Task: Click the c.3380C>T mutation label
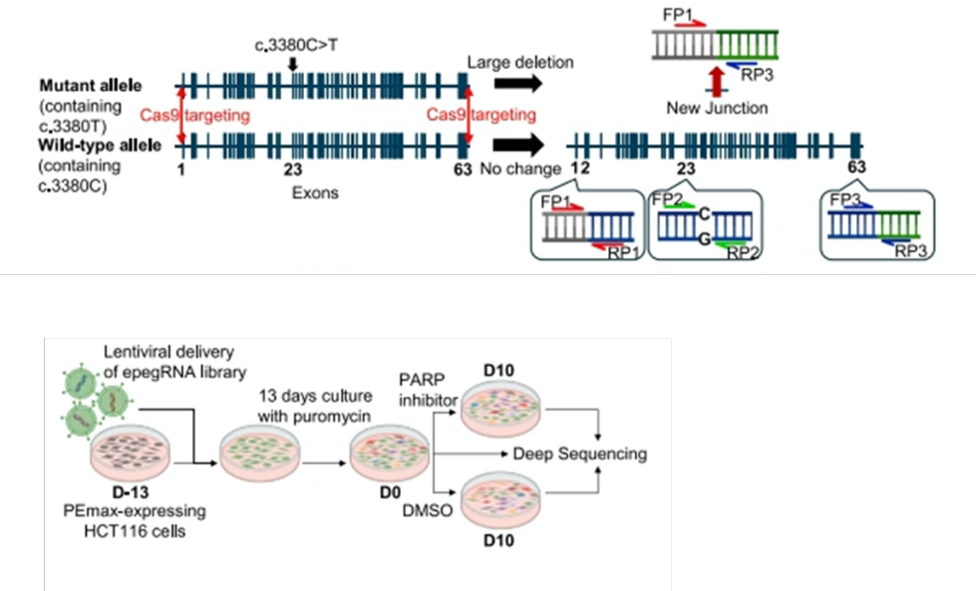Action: click(290, 45)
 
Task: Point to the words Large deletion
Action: click(520, 63)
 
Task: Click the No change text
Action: click(520, 169)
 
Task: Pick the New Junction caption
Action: click(717, 108)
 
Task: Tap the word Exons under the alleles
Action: click(315, 192)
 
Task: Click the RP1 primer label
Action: click(623, 253)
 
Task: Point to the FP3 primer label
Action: click(845, 199)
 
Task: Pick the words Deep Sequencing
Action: click(579, 454)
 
